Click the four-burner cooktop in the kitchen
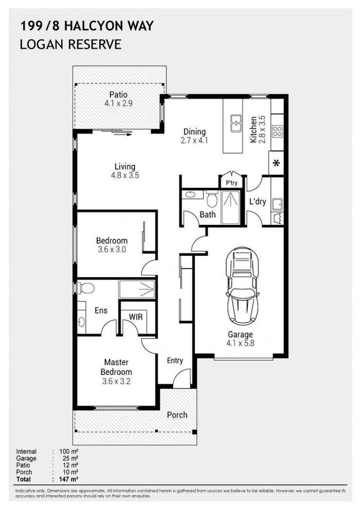[x=277, y=130]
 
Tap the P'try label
[x=231, y=183]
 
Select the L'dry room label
[x=258, y=202]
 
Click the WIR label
[x=136, y=316]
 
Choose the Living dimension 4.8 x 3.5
[x=125, y=175]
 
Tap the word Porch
[x=177, y=415]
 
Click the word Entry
[x=175, y=361]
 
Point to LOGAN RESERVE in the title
[x=71, y=44]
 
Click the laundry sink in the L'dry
[x=277, y=204]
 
